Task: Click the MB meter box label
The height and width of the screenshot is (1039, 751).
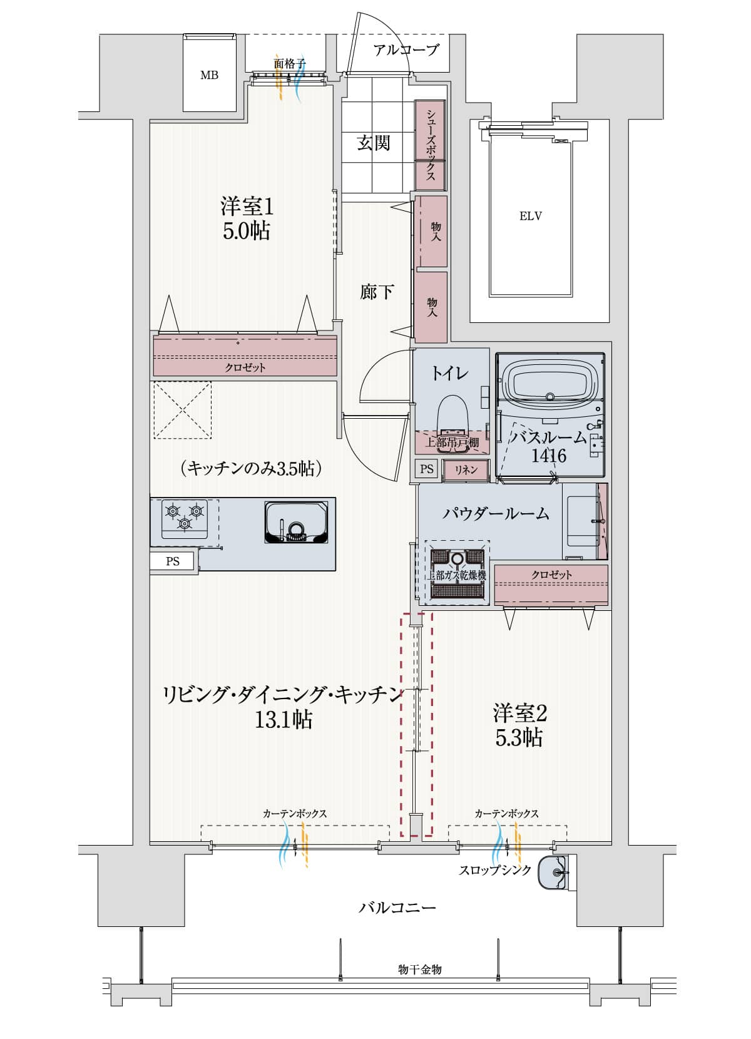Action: [x=209, y=75]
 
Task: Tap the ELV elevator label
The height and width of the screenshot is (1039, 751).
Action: [x=530, y=217]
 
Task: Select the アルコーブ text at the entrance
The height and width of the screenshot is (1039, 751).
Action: [x=406, y=50]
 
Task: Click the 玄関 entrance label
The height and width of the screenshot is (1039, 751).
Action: [x=374, y=143]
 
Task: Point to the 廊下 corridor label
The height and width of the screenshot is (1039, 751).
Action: [x=377, y=292]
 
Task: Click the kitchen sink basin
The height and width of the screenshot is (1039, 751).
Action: [x=296, y=523]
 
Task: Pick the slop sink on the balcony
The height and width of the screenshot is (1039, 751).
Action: [x=553, y=871]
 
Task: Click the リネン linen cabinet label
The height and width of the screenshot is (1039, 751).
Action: [x=466, y=469]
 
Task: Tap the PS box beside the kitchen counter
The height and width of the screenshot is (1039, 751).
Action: [x=173, y=561]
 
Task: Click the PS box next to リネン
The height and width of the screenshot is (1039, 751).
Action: [x=427, y=469]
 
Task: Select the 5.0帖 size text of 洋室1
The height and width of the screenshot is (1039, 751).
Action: [x=246, y=232]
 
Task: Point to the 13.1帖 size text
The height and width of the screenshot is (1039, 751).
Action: [x=283, y=720]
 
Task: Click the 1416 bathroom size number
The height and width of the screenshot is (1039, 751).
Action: [x=548, y=456]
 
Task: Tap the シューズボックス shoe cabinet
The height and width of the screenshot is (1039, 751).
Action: [x=431, y=145]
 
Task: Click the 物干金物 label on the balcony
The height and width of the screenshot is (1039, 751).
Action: [x=420, y=970]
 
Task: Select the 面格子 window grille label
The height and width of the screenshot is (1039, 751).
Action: [x=289, y=63]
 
